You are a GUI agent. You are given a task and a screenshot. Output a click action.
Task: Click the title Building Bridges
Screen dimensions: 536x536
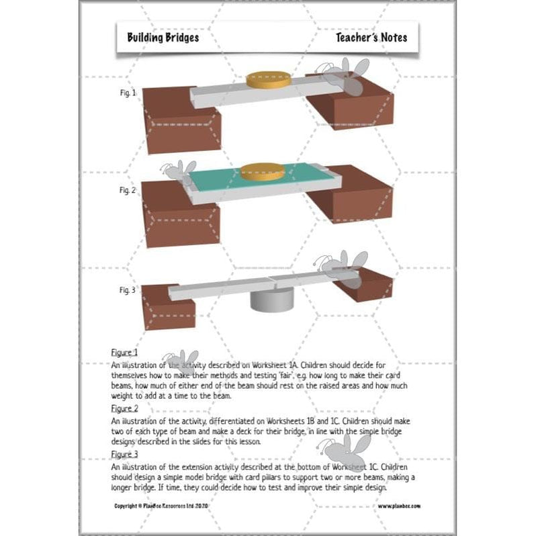[x=163, y=38]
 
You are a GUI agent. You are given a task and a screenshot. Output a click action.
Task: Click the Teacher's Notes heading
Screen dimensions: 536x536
[x=371, y=38]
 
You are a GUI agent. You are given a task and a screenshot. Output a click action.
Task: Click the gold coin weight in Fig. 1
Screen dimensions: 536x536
[x=269, y=79]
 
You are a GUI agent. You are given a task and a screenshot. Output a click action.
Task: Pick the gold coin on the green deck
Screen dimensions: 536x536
[x=263, y=172]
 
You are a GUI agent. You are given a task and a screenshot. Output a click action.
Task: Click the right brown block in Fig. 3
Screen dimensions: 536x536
[x=366, y=285]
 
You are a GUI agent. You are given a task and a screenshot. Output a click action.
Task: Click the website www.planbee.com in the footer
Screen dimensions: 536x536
[x=400, y=505]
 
